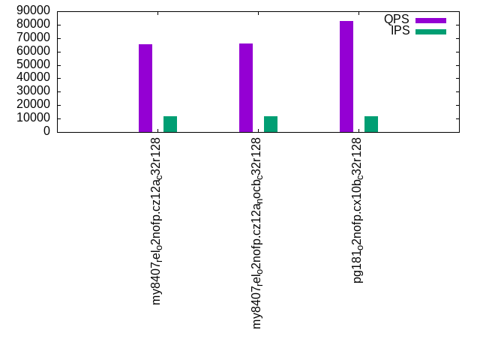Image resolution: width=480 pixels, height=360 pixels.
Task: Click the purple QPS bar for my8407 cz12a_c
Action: (x=145, y=88)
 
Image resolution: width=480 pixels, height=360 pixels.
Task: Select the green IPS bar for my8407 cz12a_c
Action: (x=170, y=124)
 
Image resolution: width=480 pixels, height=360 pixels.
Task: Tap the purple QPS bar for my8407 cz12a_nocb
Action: (x=246, y=88)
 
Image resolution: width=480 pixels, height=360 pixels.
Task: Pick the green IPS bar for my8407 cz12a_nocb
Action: (x=271, y=124)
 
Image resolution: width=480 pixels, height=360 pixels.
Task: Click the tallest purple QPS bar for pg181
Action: (x=346, y=76)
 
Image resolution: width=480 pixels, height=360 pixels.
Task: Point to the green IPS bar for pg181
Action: (x=371, y=124)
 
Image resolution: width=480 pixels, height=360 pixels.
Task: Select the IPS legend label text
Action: (x=400, y=31)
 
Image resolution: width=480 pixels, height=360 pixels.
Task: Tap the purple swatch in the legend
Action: (x=430, y=20)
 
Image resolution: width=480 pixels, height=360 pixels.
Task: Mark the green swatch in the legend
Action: (x=430, y=31)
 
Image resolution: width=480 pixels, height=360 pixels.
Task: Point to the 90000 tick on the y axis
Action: (x=34, y=11)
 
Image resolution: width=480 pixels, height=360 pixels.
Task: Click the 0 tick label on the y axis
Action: (x=46, y=131)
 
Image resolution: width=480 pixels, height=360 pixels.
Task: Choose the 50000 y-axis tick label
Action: (x=34, y=64)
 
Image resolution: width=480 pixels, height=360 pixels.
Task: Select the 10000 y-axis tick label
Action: (x=34, y=118)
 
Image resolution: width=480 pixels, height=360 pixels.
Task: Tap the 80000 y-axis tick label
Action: (x=34, y=25)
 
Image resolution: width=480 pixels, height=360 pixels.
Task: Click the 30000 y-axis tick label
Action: (x=34, y=91)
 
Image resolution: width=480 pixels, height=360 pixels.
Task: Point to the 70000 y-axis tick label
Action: (x=34, y=38)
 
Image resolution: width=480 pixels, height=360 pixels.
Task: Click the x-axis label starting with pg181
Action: (x=358, y=210)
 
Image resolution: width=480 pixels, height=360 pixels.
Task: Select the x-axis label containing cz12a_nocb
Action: (x=258, y=232)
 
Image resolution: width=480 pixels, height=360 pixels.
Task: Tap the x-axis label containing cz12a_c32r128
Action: (x=157, y=221)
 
